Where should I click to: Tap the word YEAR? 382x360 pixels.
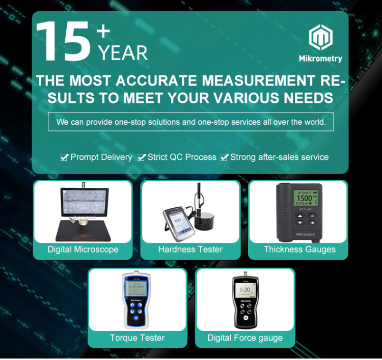click(123, 52)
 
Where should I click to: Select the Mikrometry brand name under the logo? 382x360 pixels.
click(320, 59)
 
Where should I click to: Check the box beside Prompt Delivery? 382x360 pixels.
click(64, 158)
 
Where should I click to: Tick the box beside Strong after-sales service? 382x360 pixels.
click(224, 158)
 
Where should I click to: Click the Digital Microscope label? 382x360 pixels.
click(83, 250)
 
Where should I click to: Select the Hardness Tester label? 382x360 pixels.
click(190, 250)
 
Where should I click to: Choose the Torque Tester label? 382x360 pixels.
click(138, 338)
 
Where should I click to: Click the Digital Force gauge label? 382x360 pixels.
click(245, 338)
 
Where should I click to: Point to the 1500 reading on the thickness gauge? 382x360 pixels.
click(304, 198)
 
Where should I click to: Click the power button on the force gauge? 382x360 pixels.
click(245, 318)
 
